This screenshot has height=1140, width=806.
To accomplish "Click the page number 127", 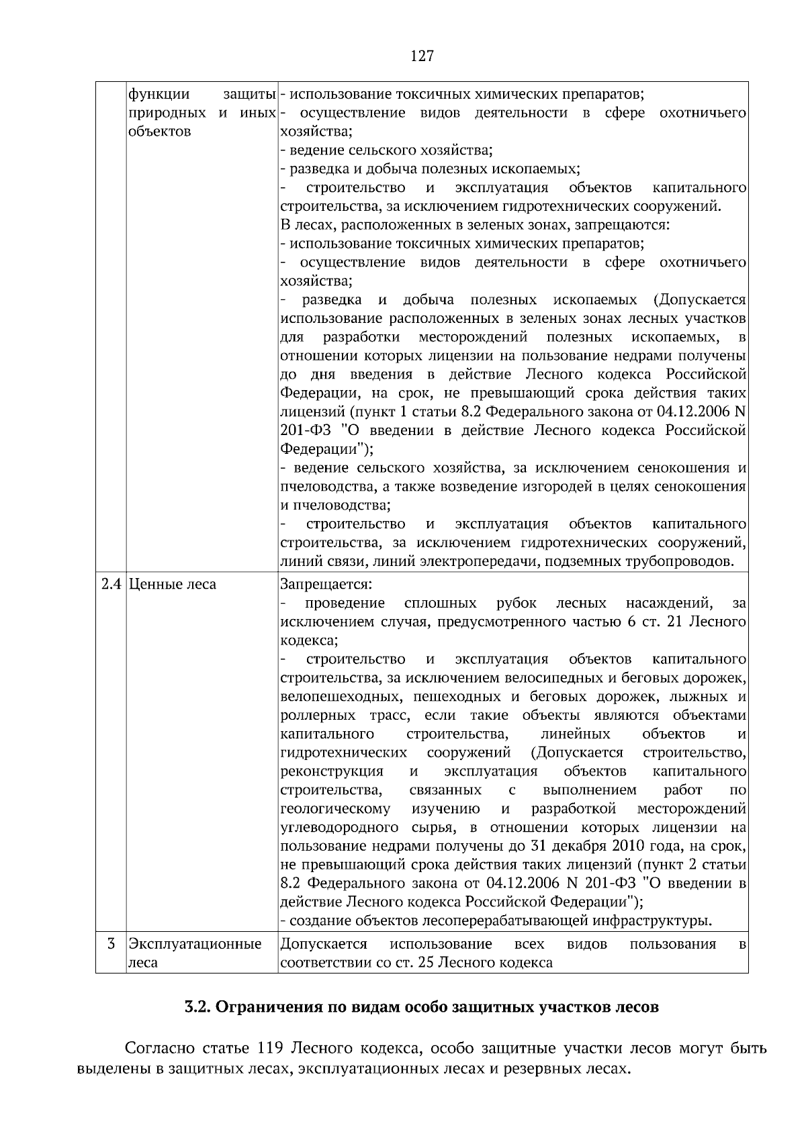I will pyautogui.click(x=422, y=56).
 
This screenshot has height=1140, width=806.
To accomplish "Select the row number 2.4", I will pyautogui.click(x=111, y=584).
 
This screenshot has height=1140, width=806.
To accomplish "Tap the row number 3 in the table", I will pyautogui.click(x=111, y=944).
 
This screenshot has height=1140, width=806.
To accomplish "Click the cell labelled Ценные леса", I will pyautogui.click(x=172, y=584).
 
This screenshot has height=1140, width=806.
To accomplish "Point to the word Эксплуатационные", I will pyautogui.click(x=195, y=944).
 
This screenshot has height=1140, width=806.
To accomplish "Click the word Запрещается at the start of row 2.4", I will pyautogui.click(x=325, y=584).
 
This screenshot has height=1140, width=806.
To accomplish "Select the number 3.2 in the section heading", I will pyautogui.click(x=199, y=1007).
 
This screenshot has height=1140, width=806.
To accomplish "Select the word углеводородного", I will pyautogui.click(x=339, y=826).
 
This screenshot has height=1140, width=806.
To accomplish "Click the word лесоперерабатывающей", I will pyautogui.click(x=486, y=920).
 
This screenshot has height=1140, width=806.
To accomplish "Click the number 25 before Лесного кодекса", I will pyautogui.click(x=424, y=963).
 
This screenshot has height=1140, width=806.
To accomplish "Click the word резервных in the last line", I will pyautogui.click(x=535, y=1067).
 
